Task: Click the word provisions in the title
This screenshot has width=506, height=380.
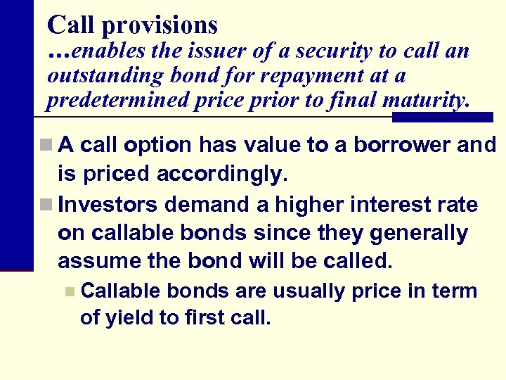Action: [160, 26]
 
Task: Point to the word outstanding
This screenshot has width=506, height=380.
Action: [105, 75]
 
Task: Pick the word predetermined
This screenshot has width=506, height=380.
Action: [118, 100]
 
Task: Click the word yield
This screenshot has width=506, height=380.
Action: [129, 317]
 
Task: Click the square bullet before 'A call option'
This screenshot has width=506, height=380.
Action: [45, 146]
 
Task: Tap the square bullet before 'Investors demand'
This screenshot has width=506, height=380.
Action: [45, 205]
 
